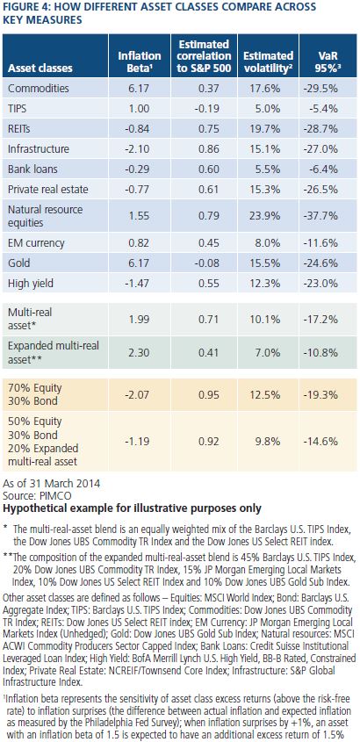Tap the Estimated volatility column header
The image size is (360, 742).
268,61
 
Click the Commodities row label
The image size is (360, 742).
39,89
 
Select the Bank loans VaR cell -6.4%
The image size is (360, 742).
326,169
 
